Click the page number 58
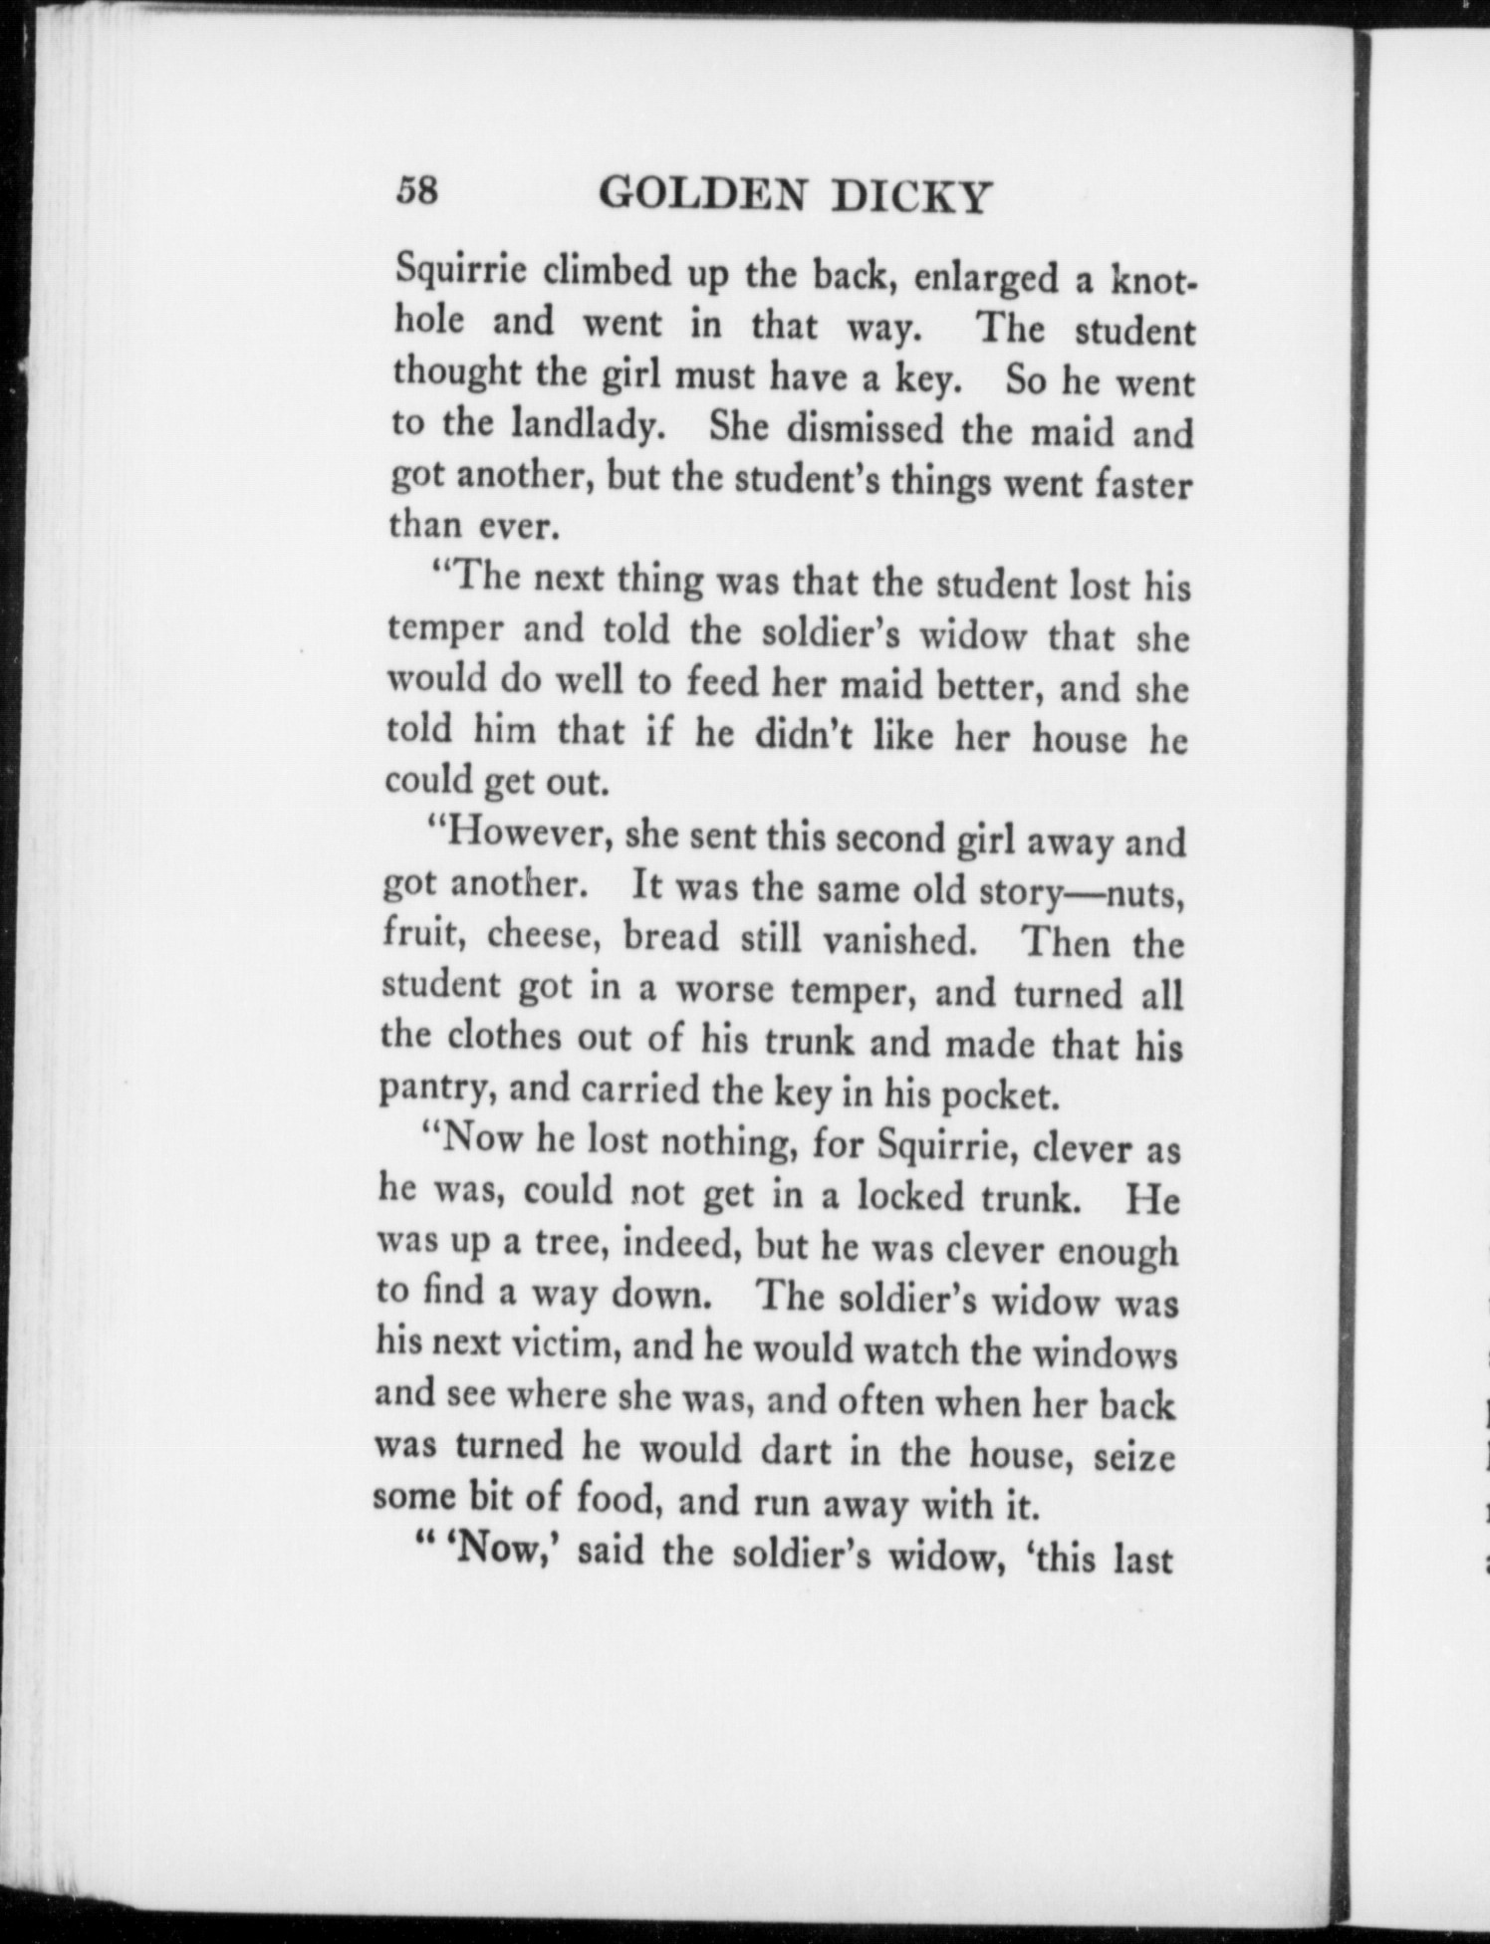(x=416, y=189)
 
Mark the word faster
(x=1142, y=487)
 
